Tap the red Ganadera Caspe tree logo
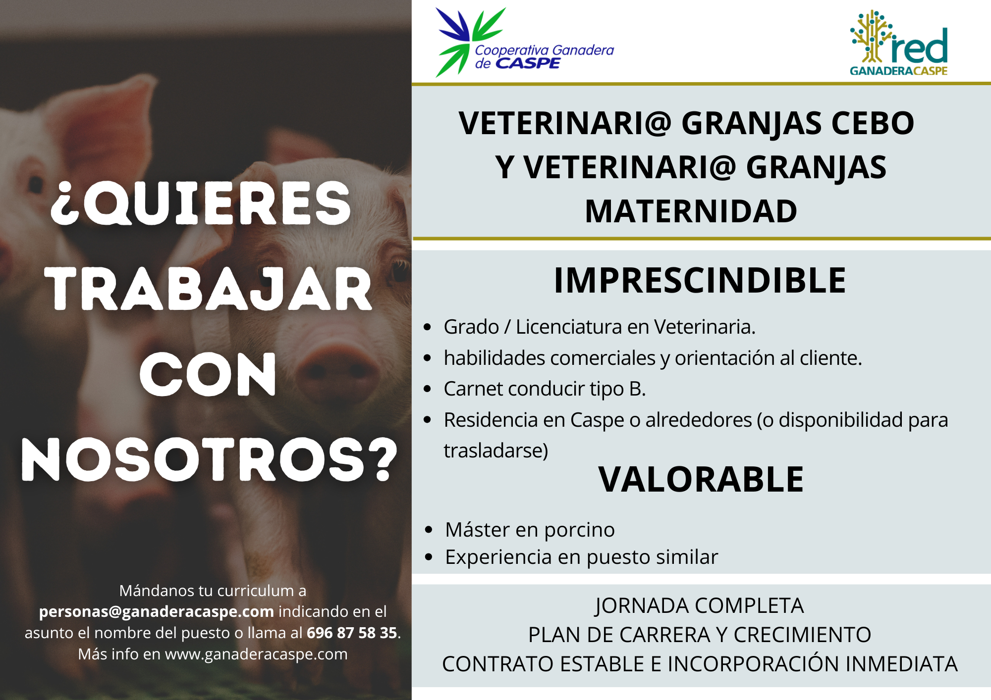(x=899, y=43)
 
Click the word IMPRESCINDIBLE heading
(x=700, y=280)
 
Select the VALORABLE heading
(x=701, y=479)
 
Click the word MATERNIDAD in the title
(x=691, y=211)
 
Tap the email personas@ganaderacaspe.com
(x=157, y=612)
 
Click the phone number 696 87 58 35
(x=352, y=633)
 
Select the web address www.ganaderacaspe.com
(x=256, y=654)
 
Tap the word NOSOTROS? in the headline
(x=209, y=459)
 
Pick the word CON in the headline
(x=208, y=374)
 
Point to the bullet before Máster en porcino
(x=429, y=530)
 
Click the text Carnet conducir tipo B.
(x=545, y=389)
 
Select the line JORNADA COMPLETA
(x=699, y=606)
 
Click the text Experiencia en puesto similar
(x=581, y=557)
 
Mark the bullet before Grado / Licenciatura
(x=428, y=327)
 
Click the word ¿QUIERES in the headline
(x=201, y=203)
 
